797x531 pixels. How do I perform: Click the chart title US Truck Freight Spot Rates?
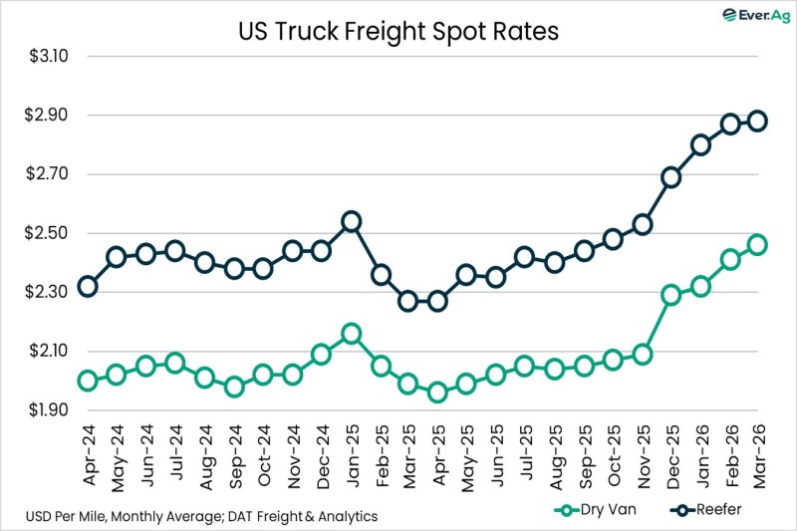(398, 31)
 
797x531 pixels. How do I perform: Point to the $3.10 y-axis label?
(48, 56)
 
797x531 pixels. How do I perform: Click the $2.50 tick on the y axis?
(48, 233)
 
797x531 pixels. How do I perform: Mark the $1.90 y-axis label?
(48, 410)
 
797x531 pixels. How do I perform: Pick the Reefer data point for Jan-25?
(351, 221)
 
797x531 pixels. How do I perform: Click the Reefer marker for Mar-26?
(758, 121)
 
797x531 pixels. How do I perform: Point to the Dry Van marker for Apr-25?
(436, 393)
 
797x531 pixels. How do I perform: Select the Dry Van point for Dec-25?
(670, 295)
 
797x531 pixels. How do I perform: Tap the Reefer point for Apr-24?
(88, 286)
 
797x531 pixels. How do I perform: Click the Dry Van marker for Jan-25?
(351, 334)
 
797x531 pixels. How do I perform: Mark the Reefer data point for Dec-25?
(670, 177)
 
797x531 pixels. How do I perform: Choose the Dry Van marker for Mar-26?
(758, 244)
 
